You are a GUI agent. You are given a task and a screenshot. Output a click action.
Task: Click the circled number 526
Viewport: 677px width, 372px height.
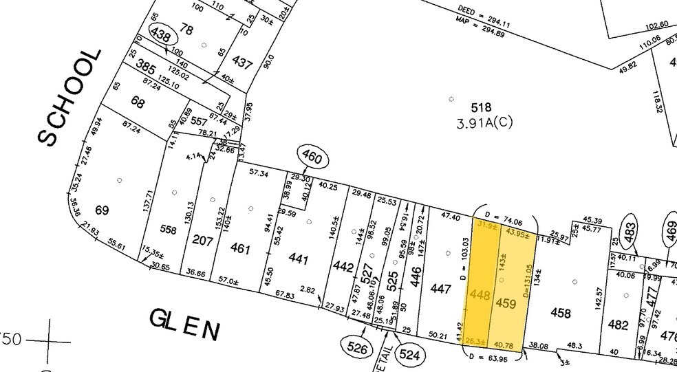point(357,348)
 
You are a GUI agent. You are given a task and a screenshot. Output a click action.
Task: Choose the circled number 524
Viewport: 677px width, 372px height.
point(409,355)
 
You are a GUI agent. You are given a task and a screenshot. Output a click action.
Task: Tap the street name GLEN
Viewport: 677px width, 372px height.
point(185,324)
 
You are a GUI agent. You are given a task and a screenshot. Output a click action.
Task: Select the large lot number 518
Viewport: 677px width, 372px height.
point(481,108)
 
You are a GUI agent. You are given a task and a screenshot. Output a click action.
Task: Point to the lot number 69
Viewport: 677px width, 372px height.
point(102,210)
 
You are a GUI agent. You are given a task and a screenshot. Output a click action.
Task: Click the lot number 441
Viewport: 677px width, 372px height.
point(297,260)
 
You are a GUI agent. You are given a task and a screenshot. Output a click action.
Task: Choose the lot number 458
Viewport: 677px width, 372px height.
point(561,314)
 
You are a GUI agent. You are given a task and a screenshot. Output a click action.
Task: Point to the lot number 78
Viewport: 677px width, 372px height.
point(186,29)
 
